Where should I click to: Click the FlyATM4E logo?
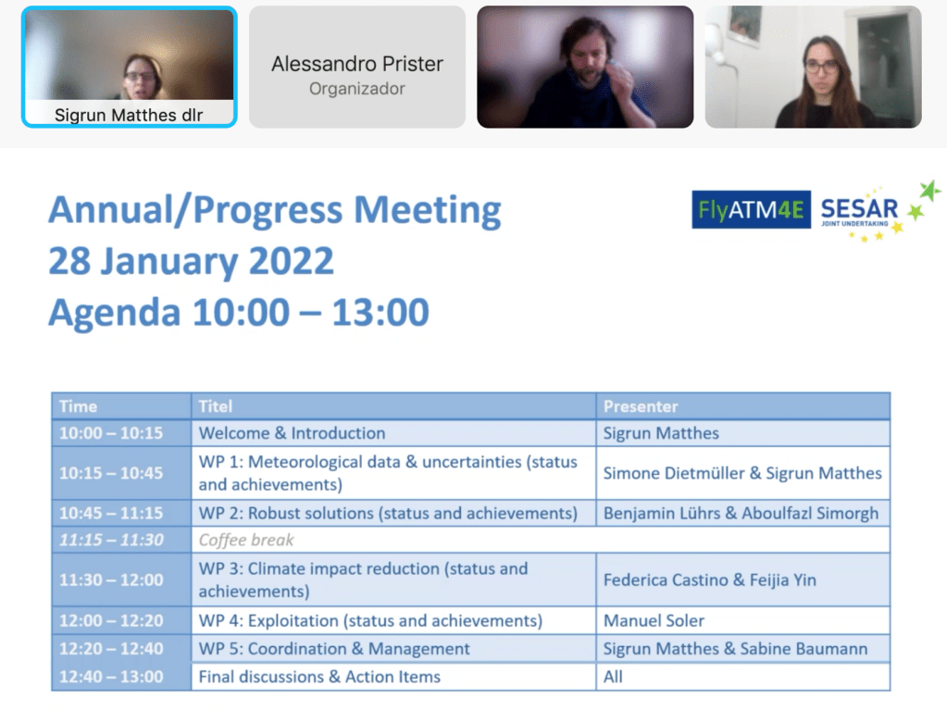tap(752, 209)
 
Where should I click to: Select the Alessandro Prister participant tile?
tap(357, 67)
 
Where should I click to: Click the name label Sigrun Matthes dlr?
tap(129, 115)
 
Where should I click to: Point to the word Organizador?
tap(357, 89)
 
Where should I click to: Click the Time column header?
tap(121, 406)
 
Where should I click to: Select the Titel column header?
tap(393, 406)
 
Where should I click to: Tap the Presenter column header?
tap(742, 406)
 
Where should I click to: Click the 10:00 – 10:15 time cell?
tap(121, 433)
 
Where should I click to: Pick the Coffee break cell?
tap(541, 540)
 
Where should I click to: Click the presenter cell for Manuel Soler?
tap(742, 620)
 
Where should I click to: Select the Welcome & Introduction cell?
tap(393, 433)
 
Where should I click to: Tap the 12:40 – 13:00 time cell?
tap(121, 677)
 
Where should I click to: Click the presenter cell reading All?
tap(742, 677)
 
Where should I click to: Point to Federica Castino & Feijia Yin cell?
tap(742, 579)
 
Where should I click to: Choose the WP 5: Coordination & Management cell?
tap(393, 648)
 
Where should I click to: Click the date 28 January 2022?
tap(191, 261)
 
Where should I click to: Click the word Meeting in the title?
tap(428, 209)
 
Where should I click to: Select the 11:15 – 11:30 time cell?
tap(121, 540)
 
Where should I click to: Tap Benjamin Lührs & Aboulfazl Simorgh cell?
tap(742, 513)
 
